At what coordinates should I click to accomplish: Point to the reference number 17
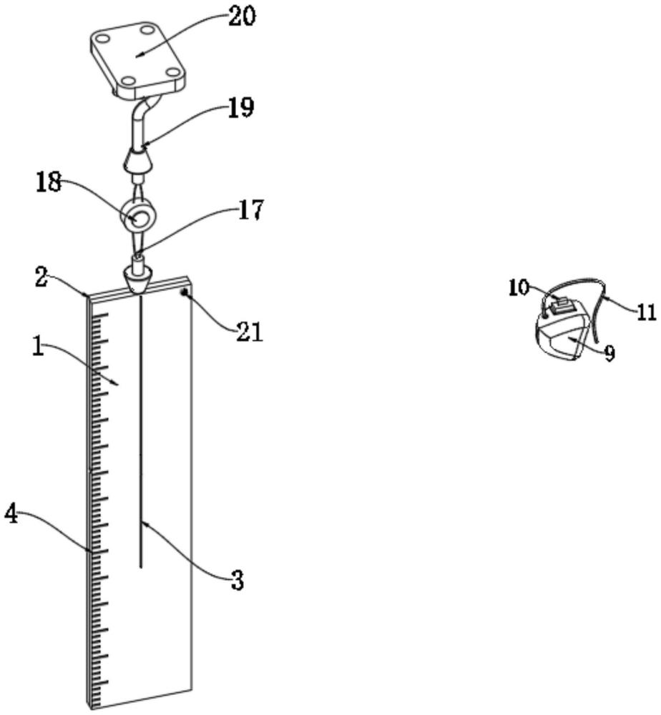[x=250, y=210]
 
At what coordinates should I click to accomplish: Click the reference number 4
[x=12, y=514]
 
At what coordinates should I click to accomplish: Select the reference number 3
[x=237, y=581]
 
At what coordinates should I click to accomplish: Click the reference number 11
[x=645, y=312]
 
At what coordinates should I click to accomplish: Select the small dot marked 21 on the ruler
[x=185, y=292]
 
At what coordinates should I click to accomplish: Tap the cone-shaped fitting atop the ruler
[x=138, y=277]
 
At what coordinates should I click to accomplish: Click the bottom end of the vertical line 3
[x=140, y=566]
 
